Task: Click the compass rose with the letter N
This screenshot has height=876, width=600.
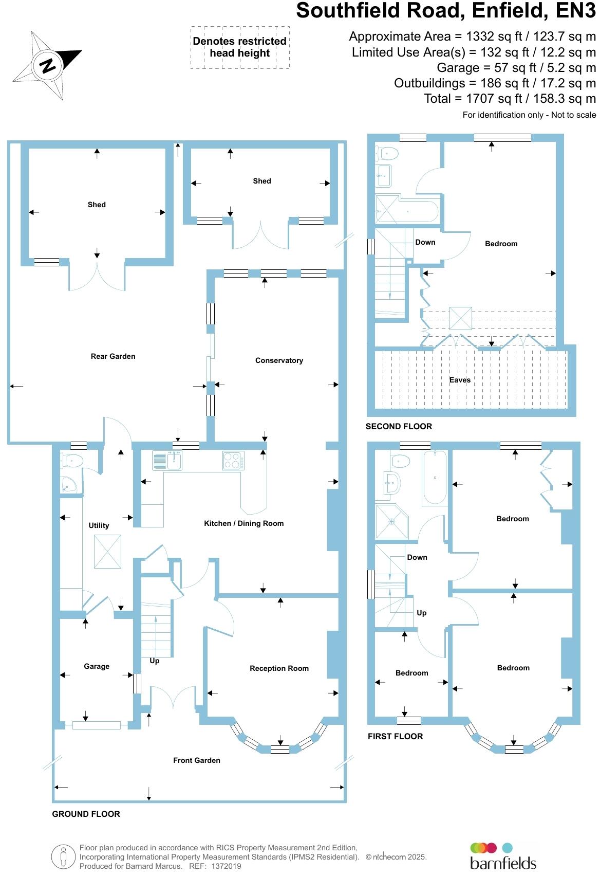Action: click(x=48, y=65)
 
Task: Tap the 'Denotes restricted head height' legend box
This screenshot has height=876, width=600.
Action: click(x=239, y=47)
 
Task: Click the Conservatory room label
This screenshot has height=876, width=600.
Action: click(x=279, y=360)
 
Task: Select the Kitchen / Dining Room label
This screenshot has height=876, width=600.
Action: click(x=243, y=523)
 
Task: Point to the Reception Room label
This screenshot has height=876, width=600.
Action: click(x=279, y=668)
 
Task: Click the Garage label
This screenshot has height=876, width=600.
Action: click(x=97, y=666)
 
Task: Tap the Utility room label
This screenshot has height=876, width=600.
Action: click(x=99, y=525)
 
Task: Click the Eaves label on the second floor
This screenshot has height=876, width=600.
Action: click(x=460, y=380)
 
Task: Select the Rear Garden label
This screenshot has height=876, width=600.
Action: click(x=113, y=356)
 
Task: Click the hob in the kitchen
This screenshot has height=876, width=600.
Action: click(x=233, y=460)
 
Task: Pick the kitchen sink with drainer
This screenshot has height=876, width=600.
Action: click(x=167, y=460)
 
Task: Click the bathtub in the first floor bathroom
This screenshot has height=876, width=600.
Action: click(x=435, y=478)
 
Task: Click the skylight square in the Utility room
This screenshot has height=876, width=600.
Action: click(x=107, y=552)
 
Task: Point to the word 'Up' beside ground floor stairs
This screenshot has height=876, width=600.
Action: click(x=155, y=661)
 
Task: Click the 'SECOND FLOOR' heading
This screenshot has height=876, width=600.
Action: click(x=399, y=426)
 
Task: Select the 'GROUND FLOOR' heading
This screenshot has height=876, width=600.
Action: click(x=86, y=814)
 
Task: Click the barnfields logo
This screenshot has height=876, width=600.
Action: click(x=502, y=856)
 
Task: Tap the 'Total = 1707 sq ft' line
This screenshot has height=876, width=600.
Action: click(x=510, y=98)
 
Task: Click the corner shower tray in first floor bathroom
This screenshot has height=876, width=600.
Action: click(x=392, y=521)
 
